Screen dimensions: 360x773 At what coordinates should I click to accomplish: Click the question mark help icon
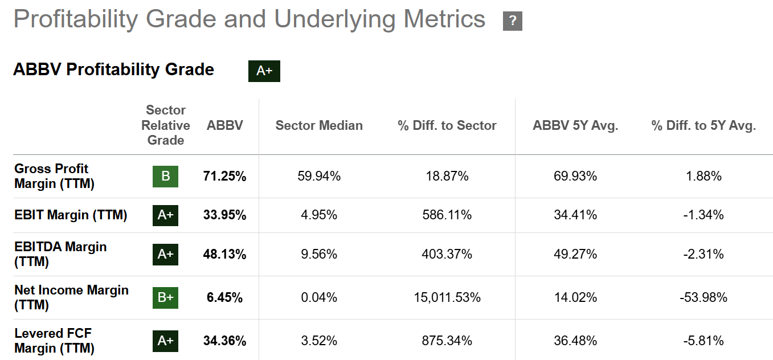point(513,21)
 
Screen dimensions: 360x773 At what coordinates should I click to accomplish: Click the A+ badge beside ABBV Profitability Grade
point(264,71)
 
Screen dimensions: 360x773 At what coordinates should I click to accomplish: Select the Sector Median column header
point(319,126)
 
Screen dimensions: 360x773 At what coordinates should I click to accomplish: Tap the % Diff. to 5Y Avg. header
point(704,126)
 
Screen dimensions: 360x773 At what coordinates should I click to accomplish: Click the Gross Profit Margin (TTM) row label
point(54,176)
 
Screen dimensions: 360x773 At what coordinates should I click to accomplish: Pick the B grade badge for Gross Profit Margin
point(165,176)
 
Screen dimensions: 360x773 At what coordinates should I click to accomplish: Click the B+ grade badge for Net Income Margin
point(165,297)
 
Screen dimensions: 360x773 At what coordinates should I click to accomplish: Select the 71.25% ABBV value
point(224,176)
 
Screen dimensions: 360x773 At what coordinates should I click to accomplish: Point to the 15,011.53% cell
point(447,297)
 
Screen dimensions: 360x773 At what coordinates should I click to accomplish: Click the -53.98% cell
point(704,297)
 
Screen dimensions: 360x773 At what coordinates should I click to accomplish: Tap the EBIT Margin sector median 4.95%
point(319,215)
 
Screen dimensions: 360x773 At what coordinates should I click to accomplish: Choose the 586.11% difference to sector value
point(447,215)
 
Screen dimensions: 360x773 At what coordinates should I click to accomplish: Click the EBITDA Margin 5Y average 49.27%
point(575,254)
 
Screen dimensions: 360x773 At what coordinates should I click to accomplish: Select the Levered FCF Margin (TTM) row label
point(54,341)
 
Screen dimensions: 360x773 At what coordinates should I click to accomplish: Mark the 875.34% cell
point(447,341)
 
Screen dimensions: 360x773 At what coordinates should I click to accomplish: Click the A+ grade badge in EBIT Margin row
point(165,215)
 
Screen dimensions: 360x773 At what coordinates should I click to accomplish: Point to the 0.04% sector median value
point(319,297)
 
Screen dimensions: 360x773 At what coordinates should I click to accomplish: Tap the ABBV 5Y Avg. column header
point(575,126)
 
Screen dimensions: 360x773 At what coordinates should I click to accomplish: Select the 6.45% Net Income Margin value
point(224,297)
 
